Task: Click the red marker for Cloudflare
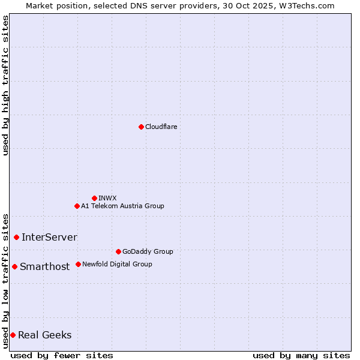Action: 141,127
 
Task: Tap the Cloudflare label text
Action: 161,127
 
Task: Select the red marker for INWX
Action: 94,198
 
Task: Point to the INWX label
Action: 107,198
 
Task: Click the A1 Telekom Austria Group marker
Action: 77,206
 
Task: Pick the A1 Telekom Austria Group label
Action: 122,206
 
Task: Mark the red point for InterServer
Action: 16,237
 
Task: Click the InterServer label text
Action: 49,237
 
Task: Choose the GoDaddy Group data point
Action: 118,251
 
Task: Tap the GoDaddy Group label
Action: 148,251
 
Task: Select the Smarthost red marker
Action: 14,266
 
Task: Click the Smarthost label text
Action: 44,266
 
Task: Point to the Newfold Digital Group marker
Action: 78,264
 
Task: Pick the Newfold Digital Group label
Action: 117,264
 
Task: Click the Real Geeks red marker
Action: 13,335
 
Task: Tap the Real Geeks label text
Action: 44,335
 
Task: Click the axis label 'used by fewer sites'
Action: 62,355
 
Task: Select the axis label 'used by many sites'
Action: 301,355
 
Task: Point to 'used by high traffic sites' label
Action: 5,85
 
